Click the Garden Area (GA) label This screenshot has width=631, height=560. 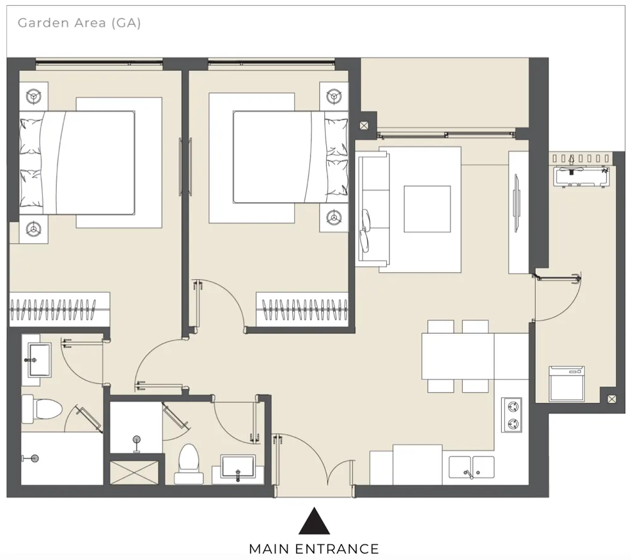point(80,23)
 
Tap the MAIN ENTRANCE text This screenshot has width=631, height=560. point(314,549)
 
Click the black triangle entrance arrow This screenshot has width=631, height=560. point(314,521)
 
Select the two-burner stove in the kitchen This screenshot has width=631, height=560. point(512,415)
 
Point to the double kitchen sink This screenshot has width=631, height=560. point(471,467)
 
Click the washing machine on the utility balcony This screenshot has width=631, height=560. point(567,384)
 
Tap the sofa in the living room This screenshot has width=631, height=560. point(373,209)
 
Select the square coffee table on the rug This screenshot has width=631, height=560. point(427,209)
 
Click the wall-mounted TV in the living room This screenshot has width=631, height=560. point(516,203)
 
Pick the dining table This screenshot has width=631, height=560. point(458,356)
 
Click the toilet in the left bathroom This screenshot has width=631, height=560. point(42,409)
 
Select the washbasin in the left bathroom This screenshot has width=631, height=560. point(39,360)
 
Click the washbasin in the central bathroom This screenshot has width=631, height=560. point(238,467)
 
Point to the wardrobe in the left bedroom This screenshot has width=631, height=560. point(59,309)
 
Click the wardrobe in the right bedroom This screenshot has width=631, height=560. point(302,309)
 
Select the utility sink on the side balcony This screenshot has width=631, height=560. point(581,177)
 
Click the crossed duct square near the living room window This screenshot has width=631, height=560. point(364,126)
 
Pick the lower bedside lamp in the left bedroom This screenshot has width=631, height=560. point(33,229)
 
